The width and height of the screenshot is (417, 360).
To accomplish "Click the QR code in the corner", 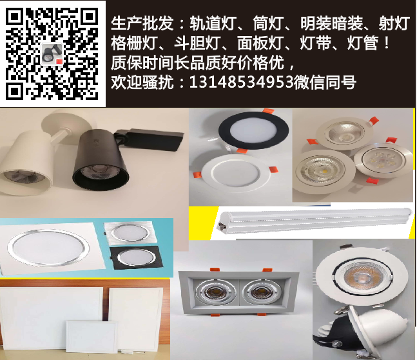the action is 52,54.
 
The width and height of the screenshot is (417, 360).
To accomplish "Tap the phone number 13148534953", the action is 242,82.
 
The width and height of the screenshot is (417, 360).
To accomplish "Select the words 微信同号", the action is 325,82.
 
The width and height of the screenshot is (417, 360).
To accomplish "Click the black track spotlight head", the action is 101,160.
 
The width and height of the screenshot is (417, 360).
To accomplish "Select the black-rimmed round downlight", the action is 254,130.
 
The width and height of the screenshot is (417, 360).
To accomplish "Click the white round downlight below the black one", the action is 235,173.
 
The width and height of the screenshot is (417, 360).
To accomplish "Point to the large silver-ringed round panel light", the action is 48,248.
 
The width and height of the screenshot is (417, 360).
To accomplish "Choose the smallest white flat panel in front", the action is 92,337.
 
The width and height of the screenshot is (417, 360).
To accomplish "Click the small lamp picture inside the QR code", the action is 52,54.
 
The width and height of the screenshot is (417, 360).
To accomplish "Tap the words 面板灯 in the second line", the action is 260,43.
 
